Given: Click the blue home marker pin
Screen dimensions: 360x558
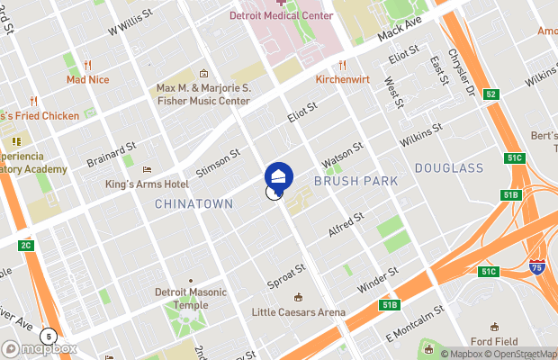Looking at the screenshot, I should click(x=278, y=175).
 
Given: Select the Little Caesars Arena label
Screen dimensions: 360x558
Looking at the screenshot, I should click(x=299, y=312).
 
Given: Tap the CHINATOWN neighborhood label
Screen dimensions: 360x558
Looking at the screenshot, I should click(x=193, y=204).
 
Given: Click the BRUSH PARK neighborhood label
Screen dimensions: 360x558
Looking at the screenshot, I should click(x=355, y=182).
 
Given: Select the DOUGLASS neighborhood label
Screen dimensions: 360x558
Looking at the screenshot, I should click(x=449, y=168).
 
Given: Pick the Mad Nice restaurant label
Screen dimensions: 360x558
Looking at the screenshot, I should click(x=87, y=79).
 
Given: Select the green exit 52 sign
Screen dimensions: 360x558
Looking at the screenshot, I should click(x=490, y=94).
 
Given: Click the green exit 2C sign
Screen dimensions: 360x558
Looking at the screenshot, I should click(x=26, y=246).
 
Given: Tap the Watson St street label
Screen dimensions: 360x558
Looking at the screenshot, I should click(x=342, y=154).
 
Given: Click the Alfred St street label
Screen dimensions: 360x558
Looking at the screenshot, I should click(x=346, y=225).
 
